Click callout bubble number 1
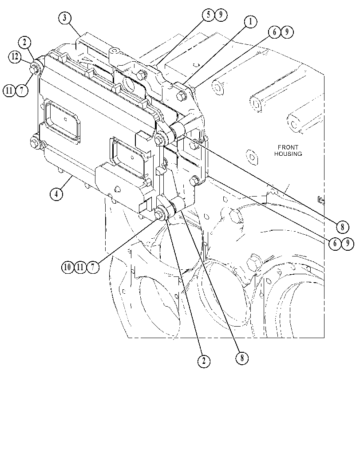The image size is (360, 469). point(250,21)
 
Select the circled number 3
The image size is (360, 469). point(65,18)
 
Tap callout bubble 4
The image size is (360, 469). point(56,193)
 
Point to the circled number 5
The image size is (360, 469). point(209,15)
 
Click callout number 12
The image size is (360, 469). point(15,56)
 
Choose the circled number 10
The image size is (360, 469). point(68,267)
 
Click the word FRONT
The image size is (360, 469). point(288,147)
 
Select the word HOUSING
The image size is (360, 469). point(288,154)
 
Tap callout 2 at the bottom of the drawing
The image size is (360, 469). point(204,361)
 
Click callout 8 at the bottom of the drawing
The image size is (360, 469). point(242,358)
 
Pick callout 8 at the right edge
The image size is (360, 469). point(342,227)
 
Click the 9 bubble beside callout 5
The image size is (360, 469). point(221,15)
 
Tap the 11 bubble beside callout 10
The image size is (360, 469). point(80,267)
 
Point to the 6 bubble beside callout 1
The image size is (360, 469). point(274,32)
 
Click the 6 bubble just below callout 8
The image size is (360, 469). point(335,244)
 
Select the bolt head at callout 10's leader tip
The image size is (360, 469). point(159,213)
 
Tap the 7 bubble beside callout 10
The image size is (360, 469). point(93,267)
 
